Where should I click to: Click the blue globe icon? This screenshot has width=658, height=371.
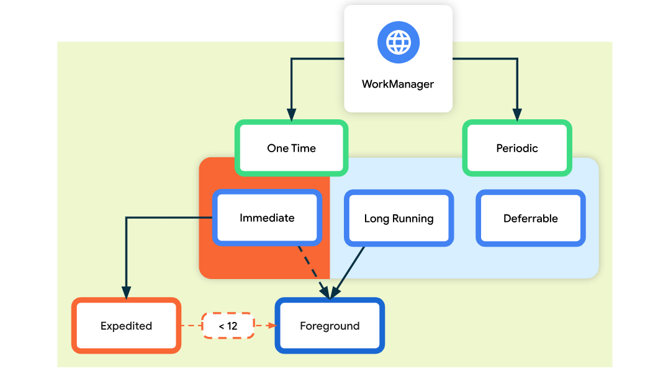tap(398, 43)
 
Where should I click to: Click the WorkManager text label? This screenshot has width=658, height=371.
tap(398, 84)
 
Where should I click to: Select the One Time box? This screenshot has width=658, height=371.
tap(291, 148)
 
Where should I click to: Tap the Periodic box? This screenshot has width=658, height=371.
tap(517, 148)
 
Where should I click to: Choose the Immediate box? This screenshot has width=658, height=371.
tap(267, 218)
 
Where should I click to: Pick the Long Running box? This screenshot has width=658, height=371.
tap(399, 218)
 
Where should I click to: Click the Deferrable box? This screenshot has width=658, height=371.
tap(530, 218)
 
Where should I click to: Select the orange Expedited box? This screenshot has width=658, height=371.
tap(126, 326)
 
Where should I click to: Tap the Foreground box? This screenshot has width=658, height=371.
tap(330, 326)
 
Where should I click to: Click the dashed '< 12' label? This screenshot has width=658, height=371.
tap(228, 326)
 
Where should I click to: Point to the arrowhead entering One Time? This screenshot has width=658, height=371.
tap(291, 115)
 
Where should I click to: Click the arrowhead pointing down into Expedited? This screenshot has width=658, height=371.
tap(126, 293)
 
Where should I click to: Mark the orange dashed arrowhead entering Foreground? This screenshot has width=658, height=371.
tap(272, 326)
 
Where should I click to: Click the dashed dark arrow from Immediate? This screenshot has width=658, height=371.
tap(310, 268)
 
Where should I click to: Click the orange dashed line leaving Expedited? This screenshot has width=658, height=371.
tap(191, 326)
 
